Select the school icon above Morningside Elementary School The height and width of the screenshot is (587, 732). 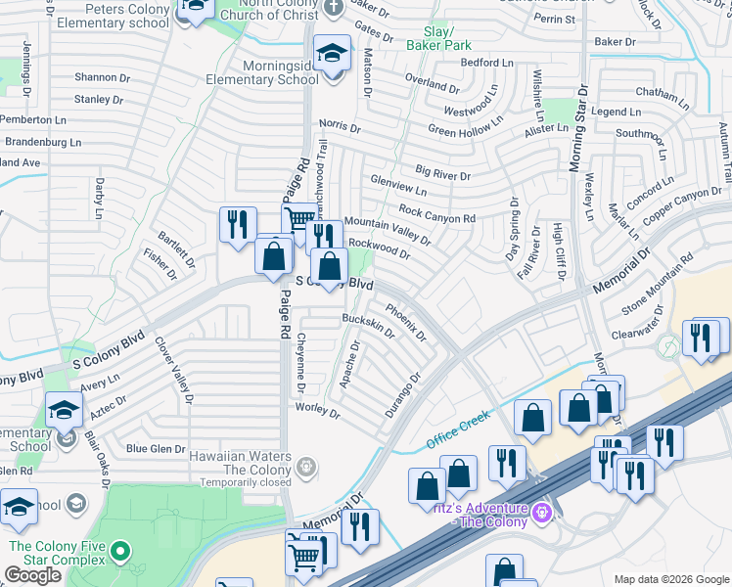point(332,55)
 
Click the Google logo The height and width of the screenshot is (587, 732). point(32,575)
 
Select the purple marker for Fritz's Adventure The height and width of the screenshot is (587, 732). point(541,510)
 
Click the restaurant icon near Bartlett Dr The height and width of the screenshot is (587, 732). point(238,226)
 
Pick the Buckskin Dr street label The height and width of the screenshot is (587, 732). point(367,325)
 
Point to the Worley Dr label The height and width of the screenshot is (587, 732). point(319,411)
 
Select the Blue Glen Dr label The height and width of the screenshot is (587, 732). point(156,449)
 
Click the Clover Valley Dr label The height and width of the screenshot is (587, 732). point(172,371)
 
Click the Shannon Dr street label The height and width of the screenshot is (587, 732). point(102,77)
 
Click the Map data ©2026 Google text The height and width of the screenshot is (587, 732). point(670,579)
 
